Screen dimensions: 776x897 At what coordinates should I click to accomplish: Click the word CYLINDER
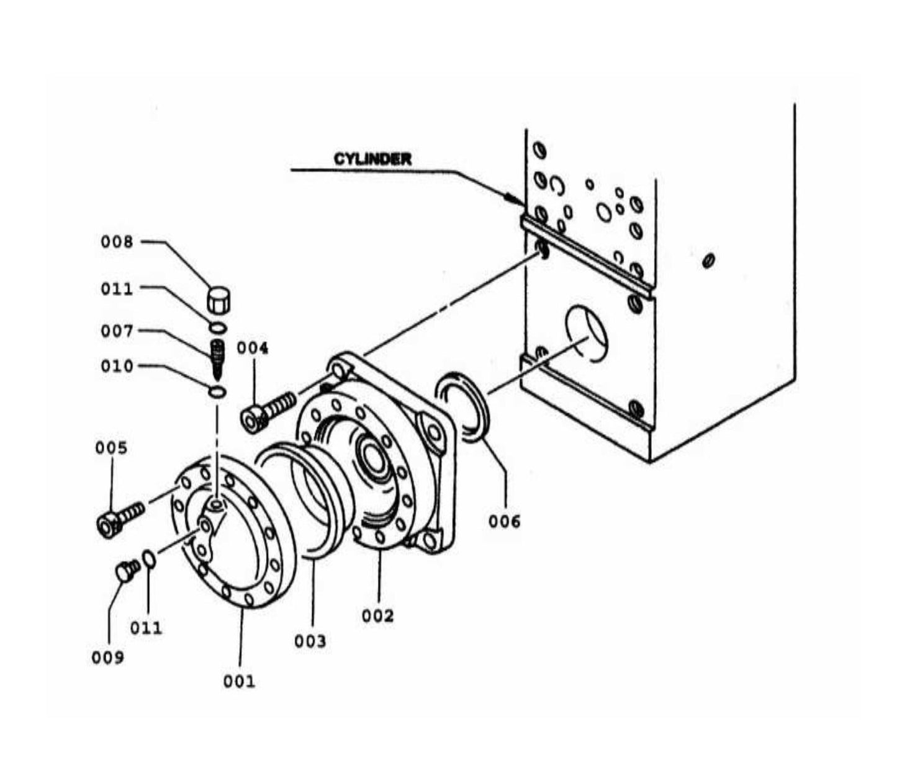pos(372,159)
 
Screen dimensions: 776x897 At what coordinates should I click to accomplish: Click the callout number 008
pos(117,242)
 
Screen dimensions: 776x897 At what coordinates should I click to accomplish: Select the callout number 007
pos(117,332)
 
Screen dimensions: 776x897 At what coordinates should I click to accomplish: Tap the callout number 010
pos(117,367)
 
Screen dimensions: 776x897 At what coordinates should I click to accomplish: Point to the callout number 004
pos(253,348)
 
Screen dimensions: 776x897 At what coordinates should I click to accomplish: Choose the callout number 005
pos(111,448)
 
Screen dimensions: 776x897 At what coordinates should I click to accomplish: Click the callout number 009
pos(108,658)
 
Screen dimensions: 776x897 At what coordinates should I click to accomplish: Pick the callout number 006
pos(504,522)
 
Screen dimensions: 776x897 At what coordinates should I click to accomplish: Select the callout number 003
pos(310,641)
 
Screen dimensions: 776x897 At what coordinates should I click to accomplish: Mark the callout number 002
pos(377,616)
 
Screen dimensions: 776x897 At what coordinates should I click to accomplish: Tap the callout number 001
pos(239,682)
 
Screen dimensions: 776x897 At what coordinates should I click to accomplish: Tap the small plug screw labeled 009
pos(127,570)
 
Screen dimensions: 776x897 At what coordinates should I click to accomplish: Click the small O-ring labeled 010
pos(217,391)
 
